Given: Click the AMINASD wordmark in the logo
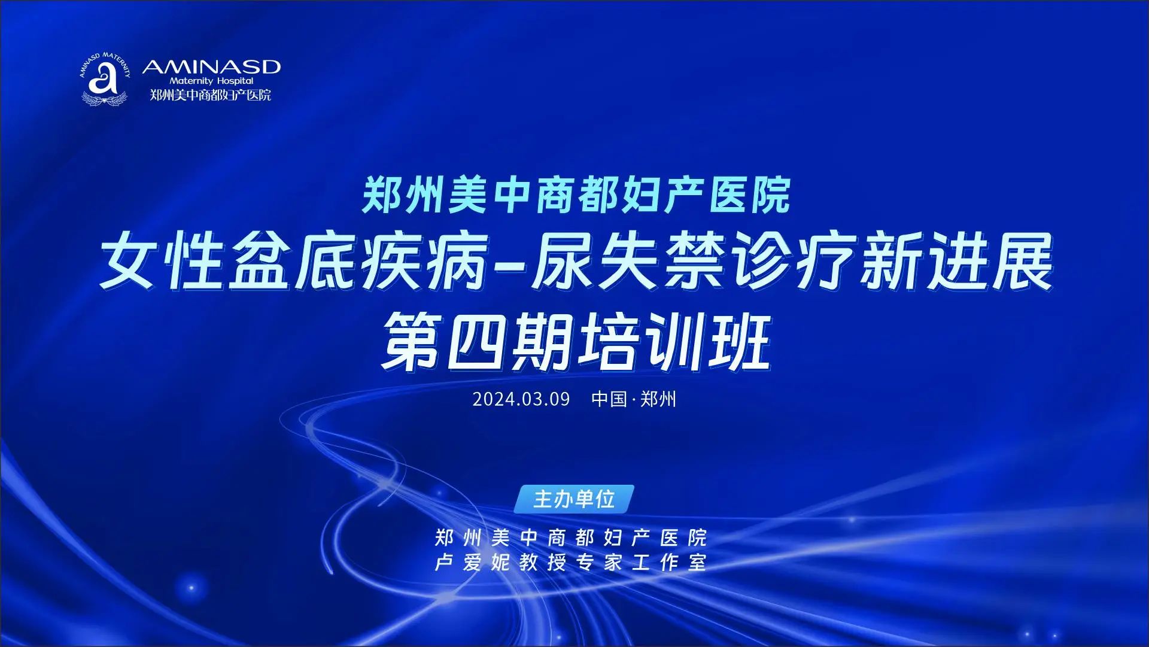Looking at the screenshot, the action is tap(211, 66).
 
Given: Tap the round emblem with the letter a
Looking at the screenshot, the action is tap(105, 78).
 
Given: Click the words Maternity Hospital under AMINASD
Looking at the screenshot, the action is tap(211, 81).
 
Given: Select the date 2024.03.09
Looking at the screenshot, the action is tap(521, 399).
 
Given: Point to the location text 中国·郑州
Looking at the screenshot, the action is tap(634, 399).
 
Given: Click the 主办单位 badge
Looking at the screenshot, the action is tap(574, 499).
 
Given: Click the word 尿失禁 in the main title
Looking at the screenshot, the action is tap(622, 265).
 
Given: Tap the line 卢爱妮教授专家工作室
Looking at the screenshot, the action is tap(571, 563).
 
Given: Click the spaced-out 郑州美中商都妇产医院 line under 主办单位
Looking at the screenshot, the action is tap(571, 538).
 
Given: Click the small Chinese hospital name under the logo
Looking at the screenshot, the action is tap(211, 95).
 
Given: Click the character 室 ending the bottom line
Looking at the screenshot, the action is tap(698, 563).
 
